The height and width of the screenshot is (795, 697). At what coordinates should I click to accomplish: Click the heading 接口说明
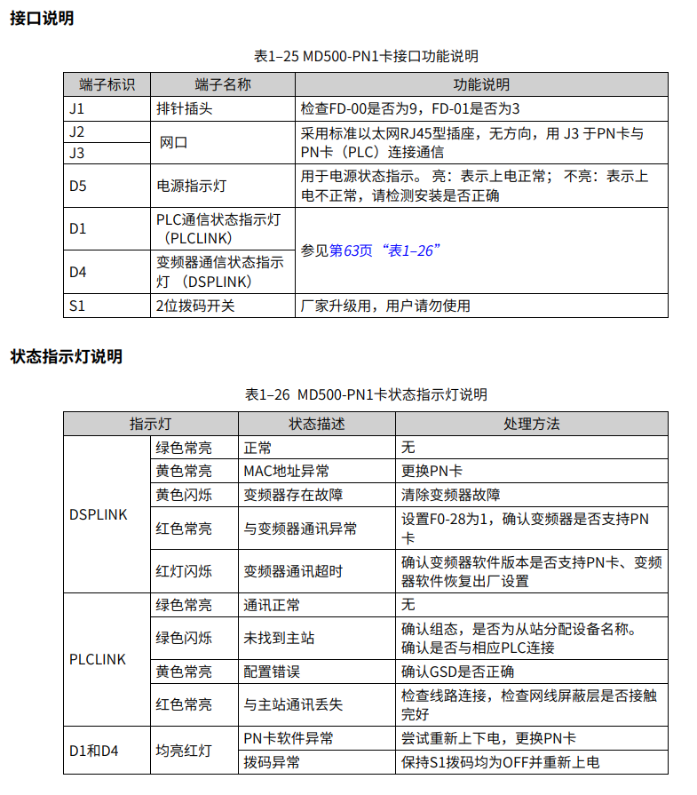[x=42, y=19]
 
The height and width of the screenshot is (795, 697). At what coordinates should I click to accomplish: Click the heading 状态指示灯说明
[x=67, y=357]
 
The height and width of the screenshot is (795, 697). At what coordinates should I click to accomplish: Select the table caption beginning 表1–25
[x=366, y=56]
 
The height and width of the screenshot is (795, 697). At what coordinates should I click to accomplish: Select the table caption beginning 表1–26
[x=366, y=394]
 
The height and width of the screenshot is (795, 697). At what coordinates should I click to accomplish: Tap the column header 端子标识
[x=107, y=85]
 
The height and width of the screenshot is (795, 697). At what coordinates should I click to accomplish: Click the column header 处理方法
[x=531, y=424]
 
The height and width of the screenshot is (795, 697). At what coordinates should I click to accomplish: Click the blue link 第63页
[x=351, y=250]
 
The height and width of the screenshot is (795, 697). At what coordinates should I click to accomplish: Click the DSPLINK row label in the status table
[x=98, y=514]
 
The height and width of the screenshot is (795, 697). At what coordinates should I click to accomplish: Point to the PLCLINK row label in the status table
[x=98, y=659]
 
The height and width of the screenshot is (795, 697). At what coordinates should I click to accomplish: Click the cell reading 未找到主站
[x=279, y=638]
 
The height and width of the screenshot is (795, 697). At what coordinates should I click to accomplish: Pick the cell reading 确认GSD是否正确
[x=457, y=672]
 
